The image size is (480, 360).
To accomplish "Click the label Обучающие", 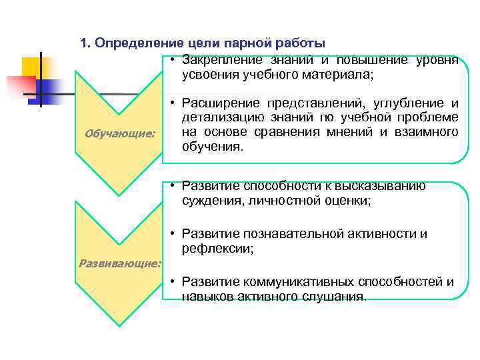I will [120, 135].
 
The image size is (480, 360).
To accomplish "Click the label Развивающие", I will [120, 263].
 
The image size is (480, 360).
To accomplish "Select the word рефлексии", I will [217, 249].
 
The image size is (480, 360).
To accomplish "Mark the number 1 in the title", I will [83, 44].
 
